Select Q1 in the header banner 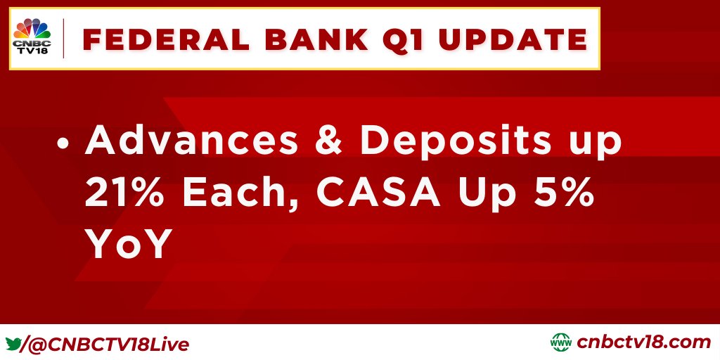[x=404, y=40]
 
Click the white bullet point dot [x=63, y=143]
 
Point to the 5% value [x=570, y=192]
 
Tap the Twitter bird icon [x=13, y=344]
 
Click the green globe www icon [x=560, y=342]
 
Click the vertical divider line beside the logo [x=63, y=39]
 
